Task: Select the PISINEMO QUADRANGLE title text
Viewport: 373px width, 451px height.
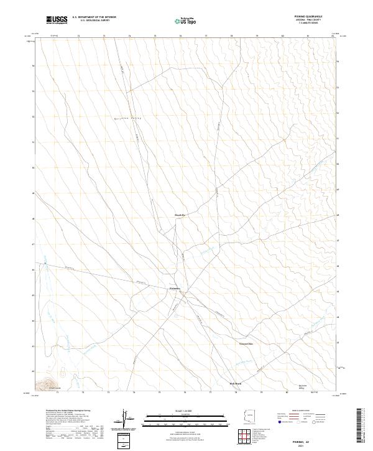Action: pyautogui.click(x=304, y=17)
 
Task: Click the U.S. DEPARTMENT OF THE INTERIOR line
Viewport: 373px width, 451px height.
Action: pyautogui.click(x=94, y=17)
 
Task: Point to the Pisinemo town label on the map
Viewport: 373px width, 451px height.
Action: pyautogui.click(x=175, y=289)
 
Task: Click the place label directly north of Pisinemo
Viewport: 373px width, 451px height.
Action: pyautogui.click(x=180, y=215)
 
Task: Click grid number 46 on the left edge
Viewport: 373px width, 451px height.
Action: pyautogui.click(x=34, y=270)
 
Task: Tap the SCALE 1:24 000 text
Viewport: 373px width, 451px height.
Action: pyautogui.click(x=185, y=411)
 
